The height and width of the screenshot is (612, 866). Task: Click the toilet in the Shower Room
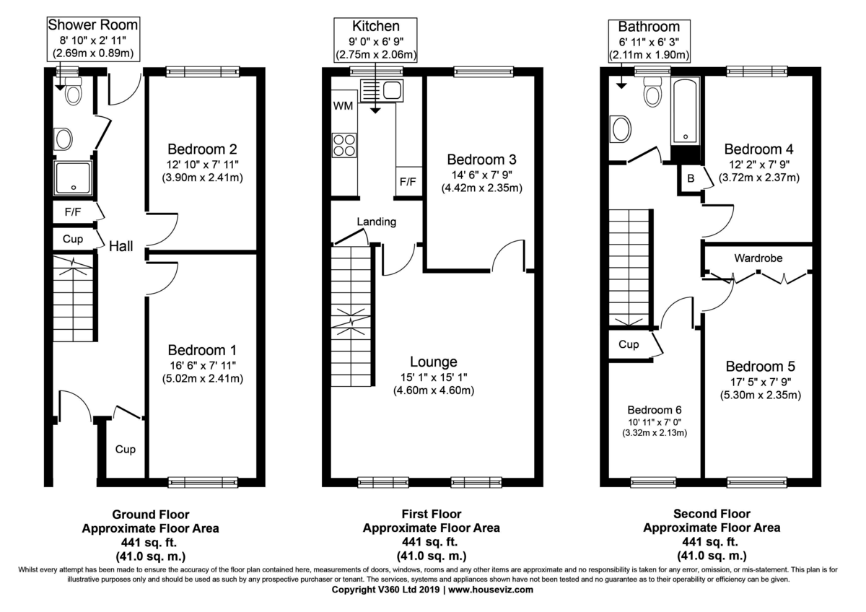[x=74, y=92]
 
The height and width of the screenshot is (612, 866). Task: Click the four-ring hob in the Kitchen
[x=344, y=145]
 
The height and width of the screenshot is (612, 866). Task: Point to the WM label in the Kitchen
[x=343, y=106]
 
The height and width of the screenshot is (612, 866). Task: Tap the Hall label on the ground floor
[x=121, y=246]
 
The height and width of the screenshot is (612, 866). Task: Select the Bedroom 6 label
[x=654, y=408]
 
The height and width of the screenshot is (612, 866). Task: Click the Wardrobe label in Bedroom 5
[x=758, y=258]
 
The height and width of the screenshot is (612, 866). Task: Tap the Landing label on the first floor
[x=377, y=222]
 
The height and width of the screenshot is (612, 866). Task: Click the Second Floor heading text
[x=711, y=514]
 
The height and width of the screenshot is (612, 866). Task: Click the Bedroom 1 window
[x=204, y=481]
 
